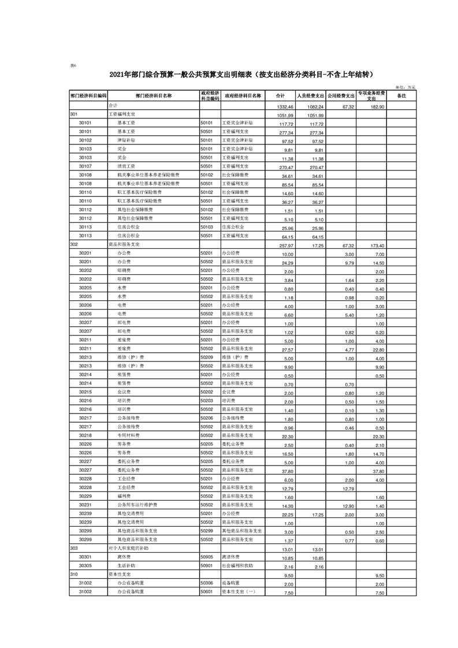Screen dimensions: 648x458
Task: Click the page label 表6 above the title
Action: click(x=73, y=65)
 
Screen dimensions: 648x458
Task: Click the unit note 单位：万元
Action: click(x=405, y=87)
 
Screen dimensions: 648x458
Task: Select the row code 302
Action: click(x=73, y=245)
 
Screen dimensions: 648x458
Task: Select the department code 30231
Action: click(x=85, y=505)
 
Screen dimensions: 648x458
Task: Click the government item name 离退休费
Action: click(x=232, y=557)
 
